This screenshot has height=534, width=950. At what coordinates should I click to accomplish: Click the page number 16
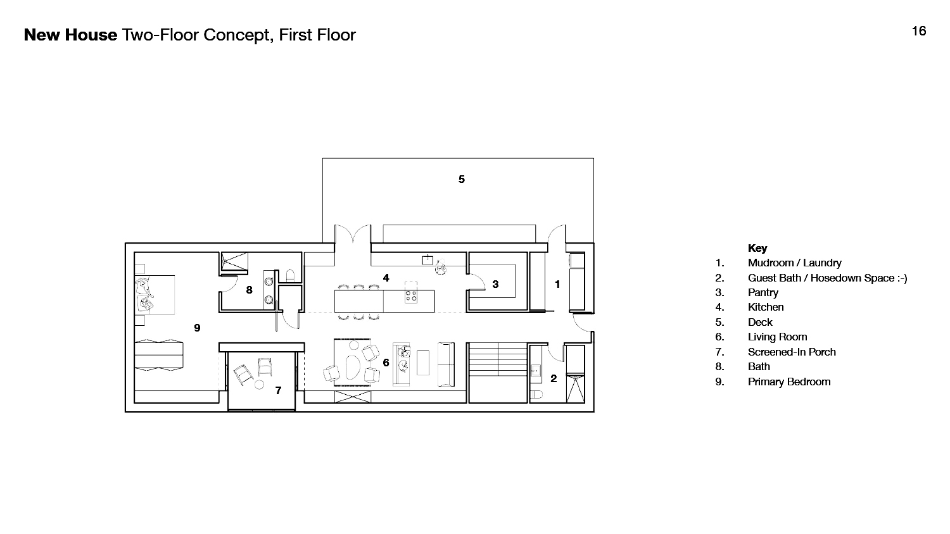918,31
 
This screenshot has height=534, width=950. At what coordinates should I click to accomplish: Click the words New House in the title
70,35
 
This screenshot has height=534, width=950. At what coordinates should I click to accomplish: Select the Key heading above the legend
757,248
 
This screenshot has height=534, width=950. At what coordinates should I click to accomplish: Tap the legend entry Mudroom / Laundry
794,263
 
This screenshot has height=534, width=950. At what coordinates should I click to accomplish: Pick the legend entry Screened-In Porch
792,352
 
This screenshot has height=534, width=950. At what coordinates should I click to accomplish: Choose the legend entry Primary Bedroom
789,382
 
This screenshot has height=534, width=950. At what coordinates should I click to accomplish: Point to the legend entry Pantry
763,292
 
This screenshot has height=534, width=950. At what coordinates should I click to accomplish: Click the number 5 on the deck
462,179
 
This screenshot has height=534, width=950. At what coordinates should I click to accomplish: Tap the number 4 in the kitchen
386,278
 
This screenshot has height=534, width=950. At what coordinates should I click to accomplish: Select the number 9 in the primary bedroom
197,328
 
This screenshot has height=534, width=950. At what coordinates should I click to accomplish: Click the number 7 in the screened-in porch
278,390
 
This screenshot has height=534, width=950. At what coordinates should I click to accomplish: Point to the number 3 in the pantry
495,284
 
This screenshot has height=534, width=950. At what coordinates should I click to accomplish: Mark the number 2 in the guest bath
554,378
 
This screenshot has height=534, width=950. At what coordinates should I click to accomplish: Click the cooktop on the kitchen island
411,295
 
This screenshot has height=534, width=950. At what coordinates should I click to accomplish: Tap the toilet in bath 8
290,276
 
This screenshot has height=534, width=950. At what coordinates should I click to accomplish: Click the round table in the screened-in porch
259,385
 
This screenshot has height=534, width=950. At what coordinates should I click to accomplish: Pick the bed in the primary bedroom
155,295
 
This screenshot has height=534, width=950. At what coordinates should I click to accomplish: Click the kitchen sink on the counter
427,260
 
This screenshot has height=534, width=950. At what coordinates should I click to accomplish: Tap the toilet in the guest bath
536,395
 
